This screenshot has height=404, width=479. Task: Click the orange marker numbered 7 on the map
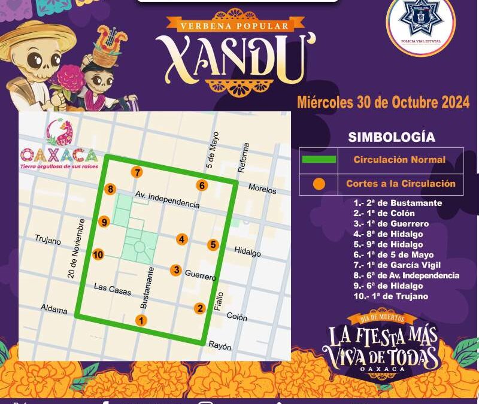pyautogui.click(x=138, y=172)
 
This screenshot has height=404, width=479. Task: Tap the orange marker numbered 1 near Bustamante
pyautogui.click(x=141, y=320)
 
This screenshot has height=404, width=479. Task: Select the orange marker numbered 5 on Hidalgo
pyautogui.click(x=213, y=245)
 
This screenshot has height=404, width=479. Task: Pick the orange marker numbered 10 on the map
pyautogui.click(x=99, y=254)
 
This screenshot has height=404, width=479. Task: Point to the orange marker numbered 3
pyautogui.click(x=175, y=270)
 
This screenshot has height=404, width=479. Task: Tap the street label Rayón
pyautogui.click(x=219, y=347)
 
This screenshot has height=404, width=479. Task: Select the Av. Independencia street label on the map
pyautogui.click(x=167, y=200)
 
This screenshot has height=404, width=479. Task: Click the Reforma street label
pyautogui.click(x=243, y=157)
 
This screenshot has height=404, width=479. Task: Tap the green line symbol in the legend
pyautogui.click(x=318, y=159)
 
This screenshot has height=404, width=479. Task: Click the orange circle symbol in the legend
pyautogui.click(x=319, y=184)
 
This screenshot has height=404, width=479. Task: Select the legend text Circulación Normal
pyautogui.click(x=399, y=160)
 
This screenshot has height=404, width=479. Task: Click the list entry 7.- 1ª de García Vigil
pyautogui.click(x=397, y=265)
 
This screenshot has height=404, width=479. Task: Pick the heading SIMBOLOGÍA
pyautogui.click(x=392, y=137)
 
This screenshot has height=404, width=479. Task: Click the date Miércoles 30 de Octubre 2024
pyautogui.click(x=383, y=102)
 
